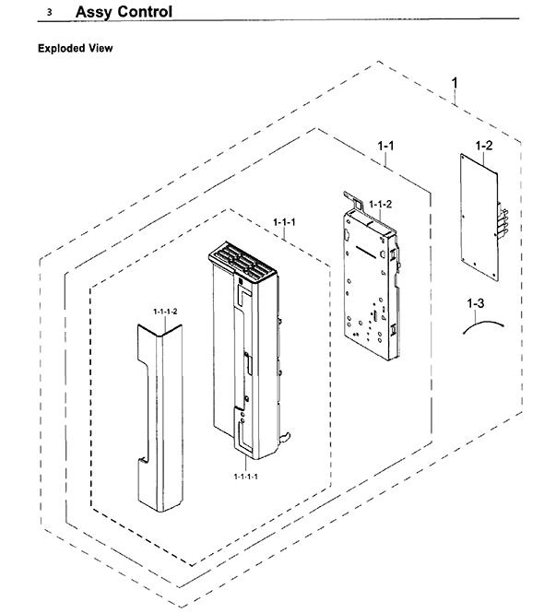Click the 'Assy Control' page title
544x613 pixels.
click(124, 12)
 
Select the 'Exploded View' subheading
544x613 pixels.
click(75, 48)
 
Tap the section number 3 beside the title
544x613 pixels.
click(49, 13)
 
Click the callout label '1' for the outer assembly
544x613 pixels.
click(454, 83)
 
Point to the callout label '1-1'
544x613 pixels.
click(385, 146)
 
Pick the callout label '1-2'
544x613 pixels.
click(484, 146)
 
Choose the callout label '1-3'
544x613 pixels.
click(475, 303)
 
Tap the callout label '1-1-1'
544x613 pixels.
click(284, 222)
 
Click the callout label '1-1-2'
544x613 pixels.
click(380, 204)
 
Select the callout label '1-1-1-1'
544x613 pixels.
click(245, 477)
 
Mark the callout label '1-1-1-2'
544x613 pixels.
click(165, 312)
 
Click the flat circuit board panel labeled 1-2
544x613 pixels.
click(479, 217)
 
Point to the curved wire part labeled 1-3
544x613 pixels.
click(483, 323)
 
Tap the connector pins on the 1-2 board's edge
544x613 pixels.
click(502, 221)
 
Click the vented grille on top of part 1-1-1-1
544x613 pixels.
click(242, 261)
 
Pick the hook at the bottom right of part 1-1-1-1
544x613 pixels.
click(286, 436)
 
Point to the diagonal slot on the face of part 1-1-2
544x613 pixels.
click(366, 252)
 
